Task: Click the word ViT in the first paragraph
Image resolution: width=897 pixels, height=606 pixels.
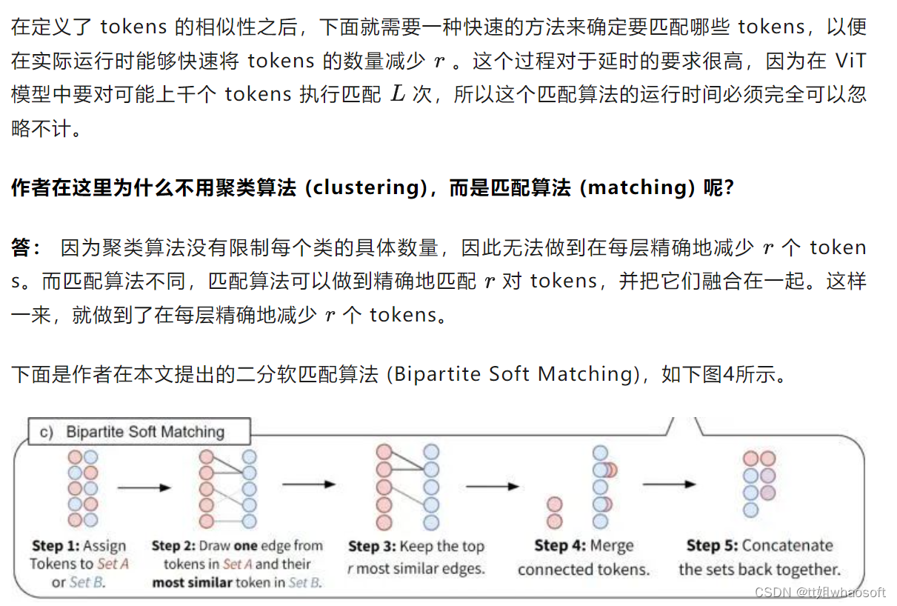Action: pos(850,61)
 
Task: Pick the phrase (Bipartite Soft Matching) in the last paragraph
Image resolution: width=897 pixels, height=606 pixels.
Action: pos(514,374)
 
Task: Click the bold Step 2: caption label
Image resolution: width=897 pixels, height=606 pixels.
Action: pos(174,546)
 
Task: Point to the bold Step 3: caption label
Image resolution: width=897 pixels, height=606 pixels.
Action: pos(372,547)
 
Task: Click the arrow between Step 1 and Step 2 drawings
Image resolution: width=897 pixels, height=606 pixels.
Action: pos(144,487)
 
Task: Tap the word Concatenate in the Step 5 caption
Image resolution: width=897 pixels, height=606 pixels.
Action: pos(787,546)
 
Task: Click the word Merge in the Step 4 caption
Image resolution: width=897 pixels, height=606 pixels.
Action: pos(612,546)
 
